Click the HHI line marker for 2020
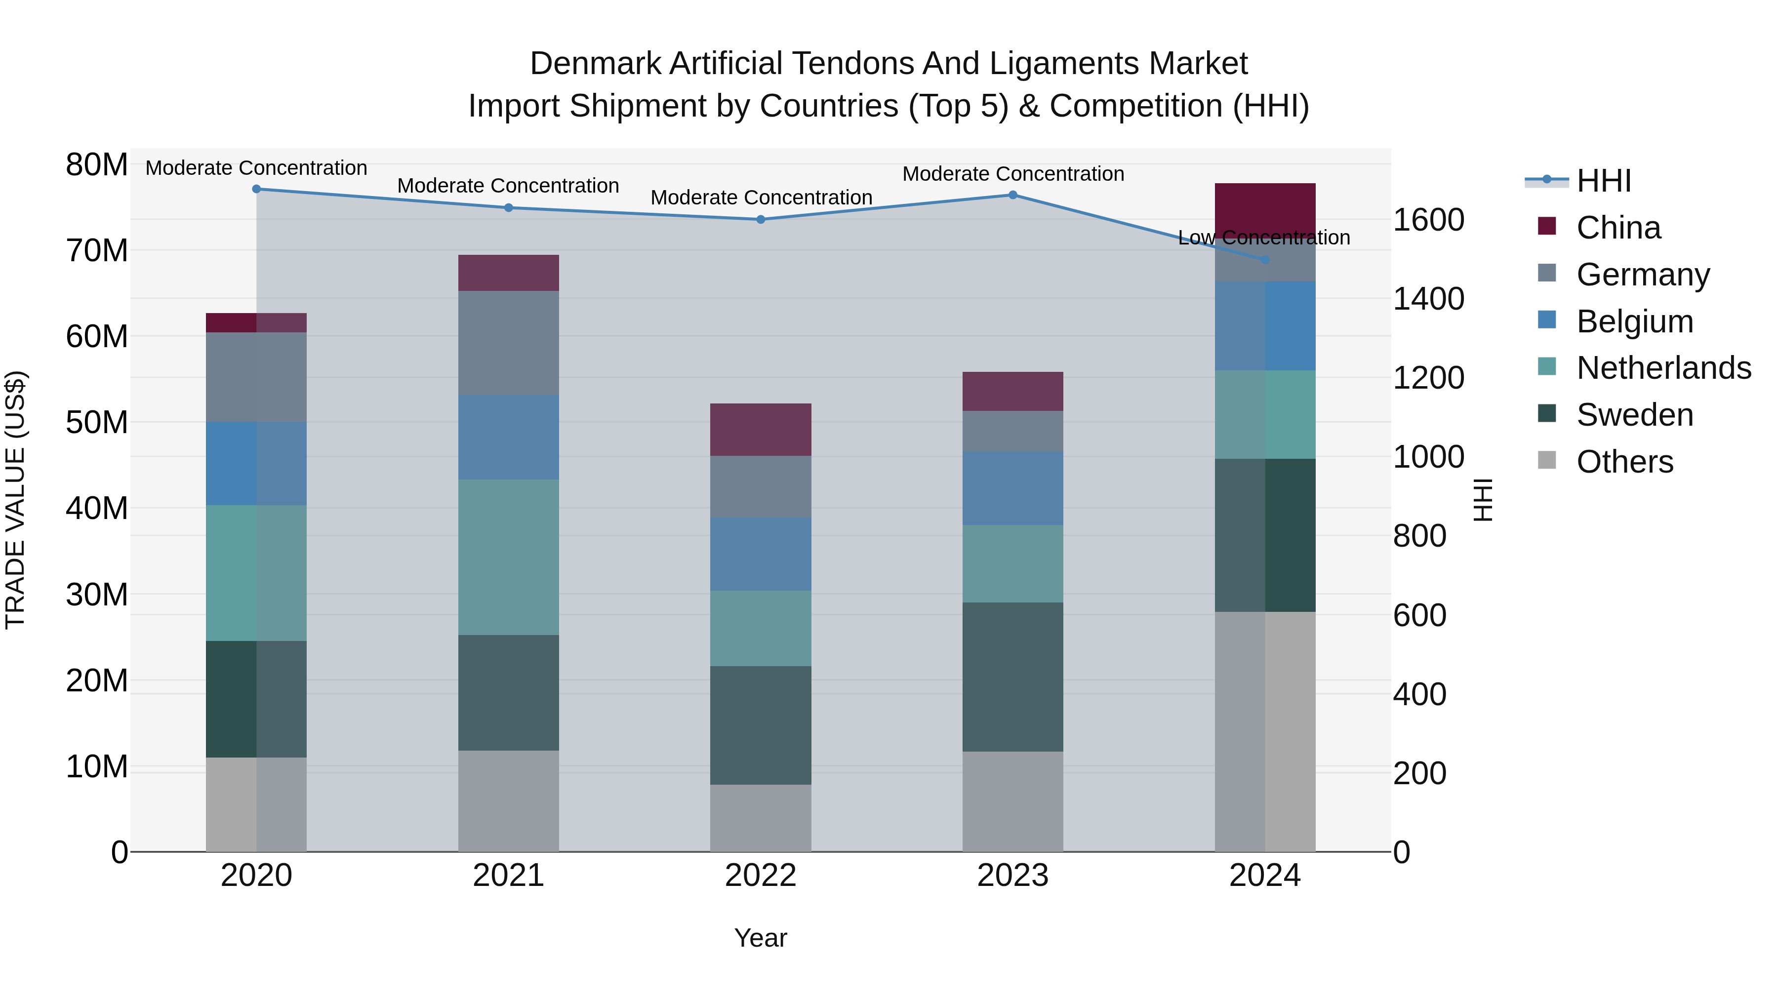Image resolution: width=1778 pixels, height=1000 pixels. [256, 189]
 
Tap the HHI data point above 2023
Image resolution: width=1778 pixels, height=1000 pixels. [1012, 195]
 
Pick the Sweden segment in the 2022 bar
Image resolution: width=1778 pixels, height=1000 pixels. [760, 724]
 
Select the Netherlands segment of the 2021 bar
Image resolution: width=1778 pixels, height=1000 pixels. [508, 557]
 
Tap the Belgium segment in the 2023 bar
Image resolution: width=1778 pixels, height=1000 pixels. [1012, 488]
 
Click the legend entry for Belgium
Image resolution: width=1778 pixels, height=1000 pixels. [1634, 321]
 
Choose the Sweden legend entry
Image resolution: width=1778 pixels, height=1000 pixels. [1634, 415]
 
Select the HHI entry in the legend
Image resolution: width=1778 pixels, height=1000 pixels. [1603, 181]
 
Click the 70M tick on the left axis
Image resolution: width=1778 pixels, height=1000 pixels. [97, 250]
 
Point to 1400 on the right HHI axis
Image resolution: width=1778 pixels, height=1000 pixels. [1428, 299]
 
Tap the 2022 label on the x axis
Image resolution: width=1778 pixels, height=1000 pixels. [760, 876]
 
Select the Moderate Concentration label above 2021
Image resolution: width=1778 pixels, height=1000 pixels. [508, 186]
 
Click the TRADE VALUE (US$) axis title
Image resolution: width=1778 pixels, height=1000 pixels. [15, 500]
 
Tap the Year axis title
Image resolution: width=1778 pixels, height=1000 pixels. [760, 938]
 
